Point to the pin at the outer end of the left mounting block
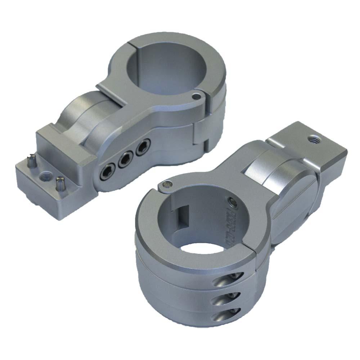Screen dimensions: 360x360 coord(32,160)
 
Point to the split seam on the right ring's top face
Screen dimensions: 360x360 coord(257,248)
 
